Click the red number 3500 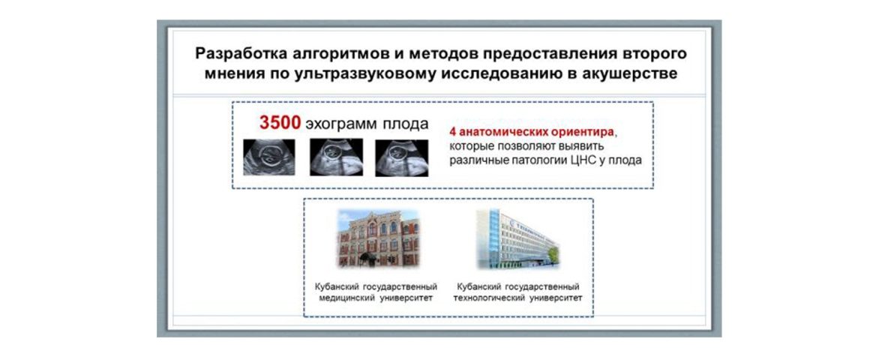click(280, 123)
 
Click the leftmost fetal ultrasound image click(269, 157)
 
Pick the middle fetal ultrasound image click(336, 157)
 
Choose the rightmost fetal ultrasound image click(402, 157)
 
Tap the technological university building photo click(517, 238)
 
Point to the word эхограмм click(340, 124)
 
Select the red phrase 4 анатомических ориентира click(532, 133)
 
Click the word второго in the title click(655, 54)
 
